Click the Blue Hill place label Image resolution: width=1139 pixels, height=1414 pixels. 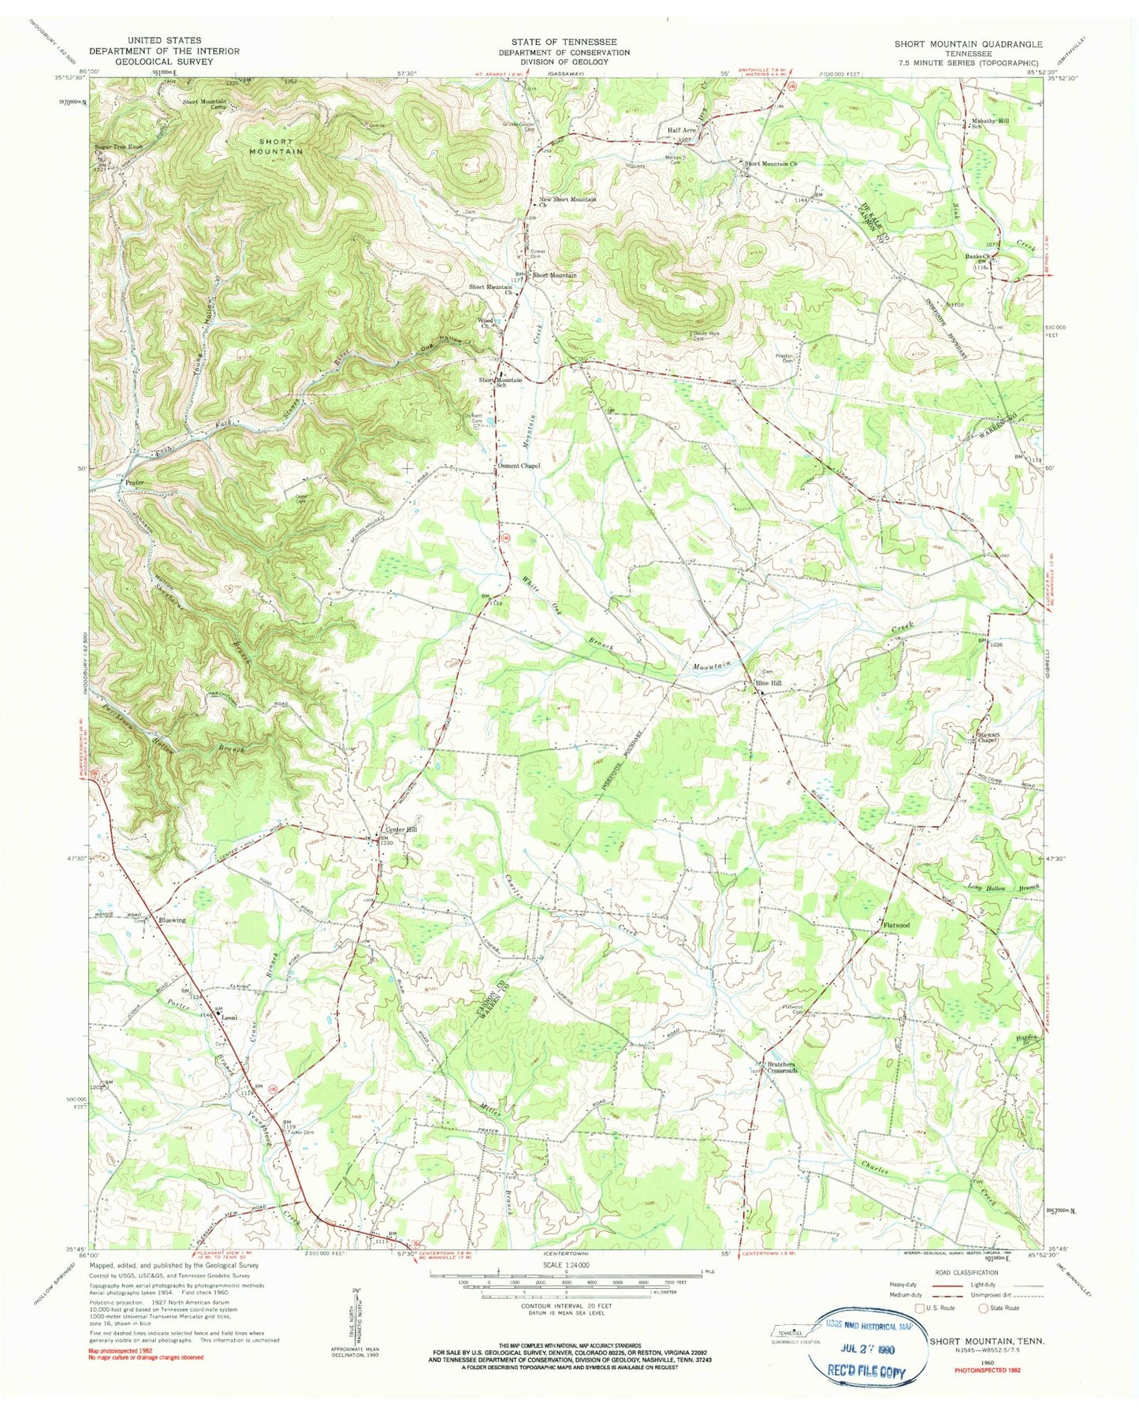[x=769, y=683]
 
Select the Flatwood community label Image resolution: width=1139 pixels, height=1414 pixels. [x=895, y=925]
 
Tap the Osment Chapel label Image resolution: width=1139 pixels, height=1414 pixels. [x=519, y=466]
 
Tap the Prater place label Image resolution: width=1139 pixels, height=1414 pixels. [x=134, y=480]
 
